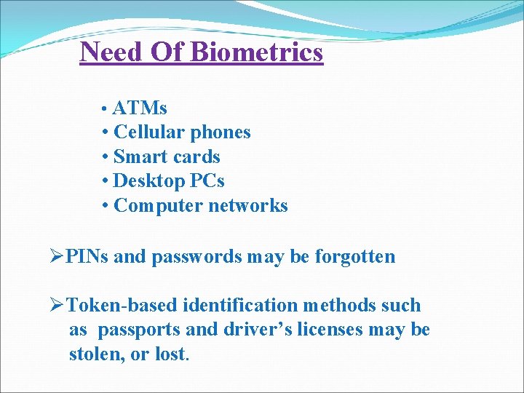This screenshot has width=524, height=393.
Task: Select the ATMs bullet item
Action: [x=140, y=108]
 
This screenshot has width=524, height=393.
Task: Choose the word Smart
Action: [x=141, y=156]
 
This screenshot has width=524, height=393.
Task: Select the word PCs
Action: [x=208, y=180]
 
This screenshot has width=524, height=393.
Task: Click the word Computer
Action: [x=159, y=206]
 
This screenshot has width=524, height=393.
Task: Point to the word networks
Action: [x=248, y=206]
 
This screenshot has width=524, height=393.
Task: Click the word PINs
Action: [x=87, y=256]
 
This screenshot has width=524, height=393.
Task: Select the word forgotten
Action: [x=355, y=256]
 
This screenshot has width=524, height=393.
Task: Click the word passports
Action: [x=139, y=330]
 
